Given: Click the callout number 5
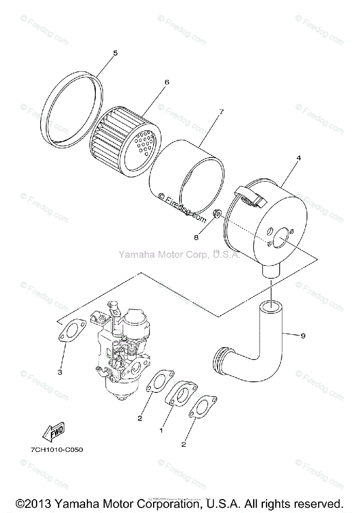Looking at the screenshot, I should pyautogui.click(x=115, y=53).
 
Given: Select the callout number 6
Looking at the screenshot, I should pyautogui.click(x=167, y=82).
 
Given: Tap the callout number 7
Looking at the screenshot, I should pyautogui.click(x=221, y=112).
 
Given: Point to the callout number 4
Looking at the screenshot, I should pyautogui.click(x=298, y=158).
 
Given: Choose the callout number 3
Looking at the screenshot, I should pyautogui.click(x=60, y=372).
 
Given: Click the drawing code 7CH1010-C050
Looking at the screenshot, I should pyautogui.click(x=57, y=450).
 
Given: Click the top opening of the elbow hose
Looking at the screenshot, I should pyautogui.click(x=271, y=306).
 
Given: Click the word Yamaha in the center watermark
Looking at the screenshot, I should pyautogui.click(x=133, y=255).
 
